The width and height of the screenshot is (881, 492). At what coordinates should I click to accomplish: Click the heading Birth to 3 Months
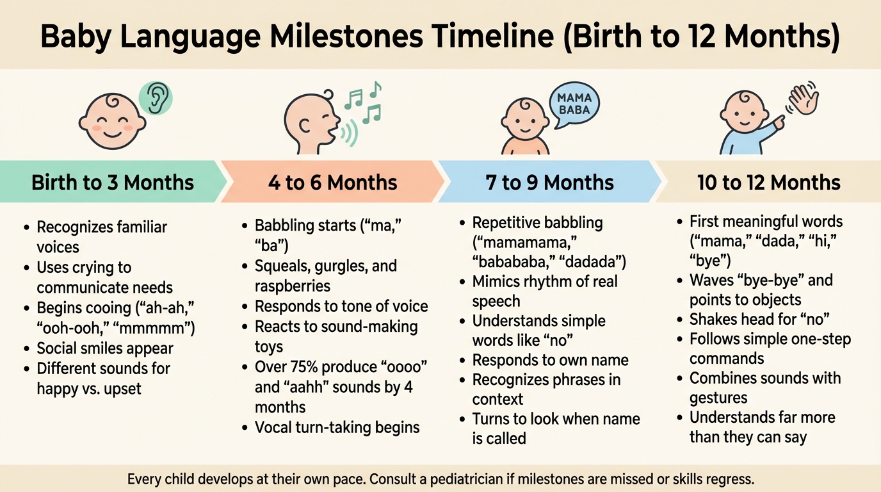[x=113, y=183]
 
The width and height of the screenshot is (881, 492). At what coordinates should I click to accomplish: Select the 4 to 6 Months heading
[x=333, y=183]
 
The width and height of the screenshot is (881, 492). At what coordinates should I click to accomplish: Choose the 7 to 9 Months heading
[x=550, y=183]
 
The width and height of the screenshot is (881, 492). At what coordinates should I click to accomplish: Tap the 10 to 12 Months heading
[x=769, y=183]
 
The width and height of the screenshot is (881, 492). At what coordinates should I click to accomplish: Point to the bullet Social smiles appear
[x=105, y=348]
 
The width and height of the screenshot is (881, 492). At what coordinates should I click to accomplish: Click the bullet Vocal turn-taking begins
[x=337, y=427]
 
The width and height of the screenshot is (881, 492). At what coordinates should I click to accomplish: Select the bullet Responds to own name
[x=550, y=360]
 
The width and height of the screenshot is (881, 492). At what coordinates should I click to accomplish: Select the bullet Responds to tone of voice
[x=341, y=307]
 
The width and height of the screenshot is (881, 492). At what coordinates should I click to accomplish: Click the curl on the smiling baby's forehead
[x=112, y=101]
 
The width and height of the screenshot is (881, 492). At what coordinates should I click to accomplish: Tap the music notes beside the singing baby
[x=363, y=102]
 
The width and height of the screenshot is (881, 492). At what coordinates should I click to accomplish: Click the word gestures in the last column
[x=718, y=398]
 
